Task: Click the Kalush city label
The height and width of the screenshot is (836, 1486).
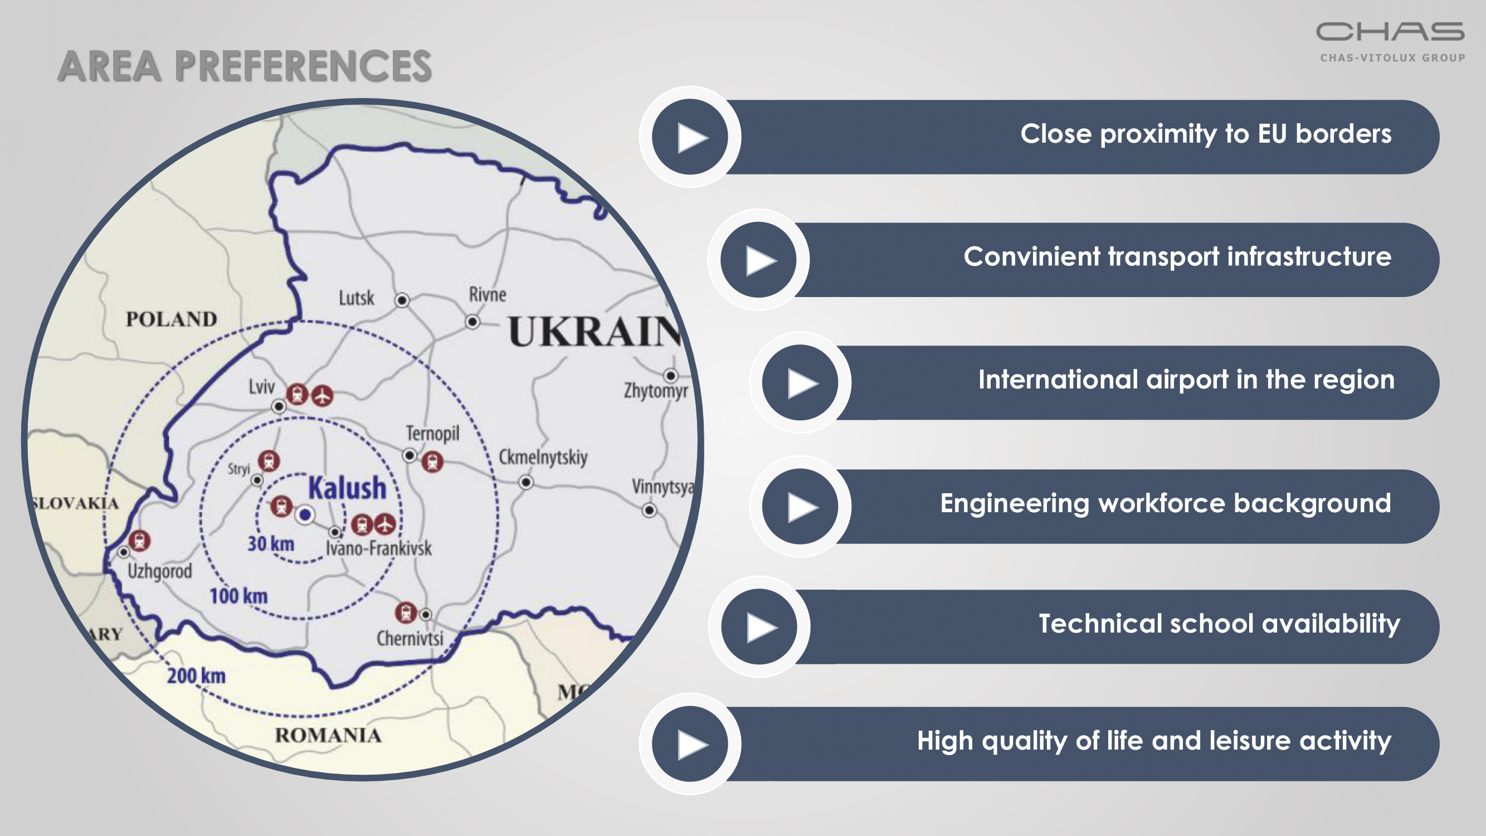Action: pos(347,488)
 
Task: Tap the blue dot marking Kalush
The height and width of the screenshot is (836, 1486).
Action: pos(305,514)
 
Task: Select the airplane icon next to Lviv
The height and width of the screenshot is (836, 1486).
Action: pos(323,396)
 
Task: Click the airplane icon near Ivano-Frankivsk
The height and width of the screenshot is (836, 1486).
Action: pos(385,524)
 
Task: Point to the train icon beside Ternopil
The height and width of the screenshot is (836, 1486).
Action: pos(432,461)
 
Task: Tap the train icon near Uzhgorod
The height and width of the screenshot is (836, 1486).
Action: pos(140,541)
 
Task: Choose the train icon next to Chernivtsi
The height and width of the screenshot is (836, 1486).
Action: pos(406,613)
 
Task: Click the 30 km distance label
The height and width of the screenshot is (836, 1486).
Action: pos(271,543)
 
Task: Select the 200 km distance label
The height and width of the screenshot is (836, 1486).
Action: pos(196,675)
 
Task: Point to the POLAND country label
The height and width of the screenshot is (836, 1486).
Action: pos(171,319)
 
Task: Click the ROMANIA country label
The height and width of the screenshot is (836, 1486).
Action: pos(328,736)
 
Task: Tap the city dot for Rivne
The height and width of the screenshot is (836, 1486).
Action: pos(472,322)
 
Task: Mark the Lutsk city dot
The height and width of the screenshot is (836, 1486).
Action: pos(402,300)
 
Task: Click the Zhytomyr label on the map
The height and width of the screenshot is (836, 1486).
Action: pos(656,391)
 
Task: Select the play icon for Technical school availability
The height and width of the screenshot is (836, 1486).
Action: pos(759,626)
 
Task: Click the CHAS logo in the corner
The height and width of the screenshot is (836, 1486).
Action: pos(1391,41)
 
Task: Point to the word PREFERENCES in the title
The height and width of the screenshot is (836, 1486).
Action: pos(304,66)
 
